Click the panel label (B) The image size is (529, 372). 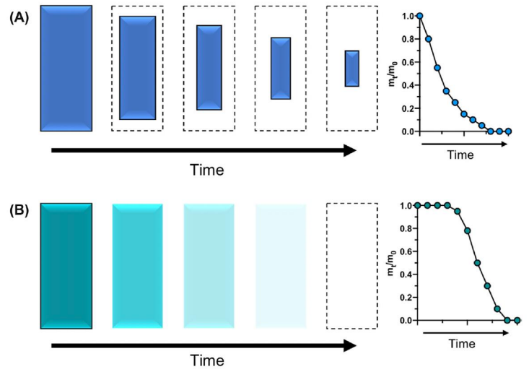[19, 213]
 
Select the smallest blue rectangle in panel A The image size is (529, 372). [351, 69]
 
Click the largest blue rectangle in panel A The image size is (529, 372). [66, 69]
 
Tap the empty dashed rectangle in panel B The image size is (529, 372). [351, 266]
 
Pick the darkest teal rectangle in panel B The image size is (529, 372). [66, 266]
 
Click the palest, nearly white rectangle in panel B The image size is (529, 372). [280, 266]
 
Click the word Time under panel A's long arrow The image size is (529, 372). [206, 170]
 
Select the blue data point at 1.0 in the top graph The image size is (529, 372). [419, 15]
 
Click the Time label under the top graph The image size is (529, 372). [460, 155]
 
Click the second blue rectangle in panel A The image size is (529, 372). [137, 67]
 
